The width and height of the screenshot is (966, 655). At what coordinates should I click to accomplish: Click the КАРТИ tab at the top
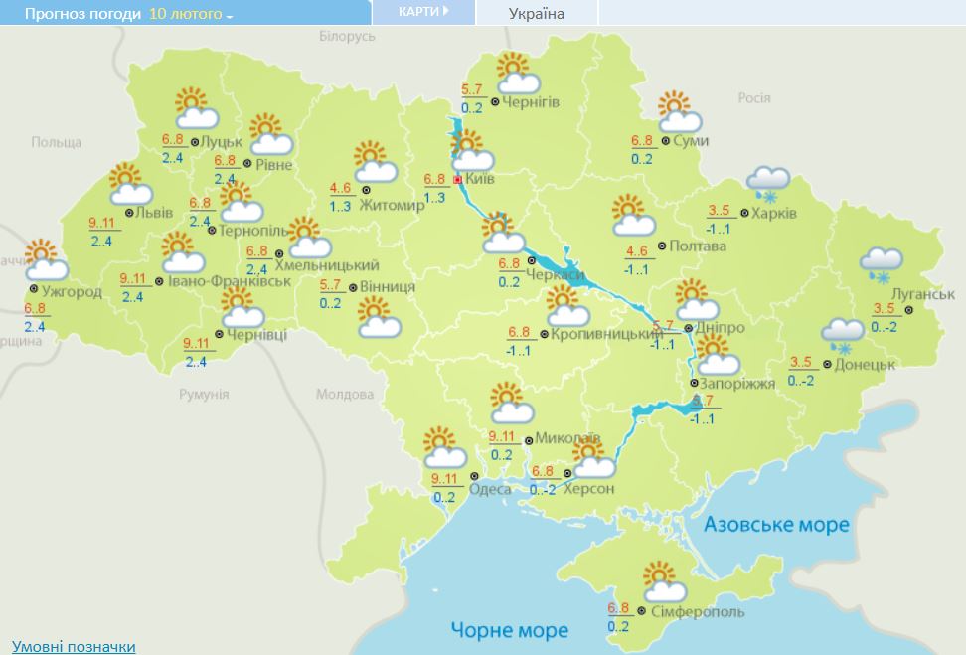pos(422,12)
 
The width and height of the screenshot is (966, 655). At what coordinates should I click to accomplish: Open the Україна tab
pos(536,14)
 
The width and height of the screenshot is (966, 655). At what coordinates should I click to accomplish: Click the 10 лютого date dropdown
pos(191,14)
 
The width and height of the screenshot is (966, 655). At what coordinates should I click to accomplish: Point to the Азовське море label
pos(776,524)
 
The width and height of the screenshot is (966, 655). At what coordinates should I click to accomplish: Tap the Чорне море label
pos(509,630)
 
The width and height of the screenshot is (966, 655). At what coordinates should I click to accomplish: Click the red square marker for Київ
pos(457,180)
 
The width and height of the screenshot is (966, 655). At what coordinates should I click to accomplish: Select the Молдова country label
pos(345,394)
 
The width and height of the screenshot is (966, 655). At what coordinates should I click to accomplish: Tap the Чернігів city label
pos(531,102)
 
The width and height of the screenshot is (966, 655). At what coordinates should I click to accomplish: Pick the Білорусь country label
pos(347,36)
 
